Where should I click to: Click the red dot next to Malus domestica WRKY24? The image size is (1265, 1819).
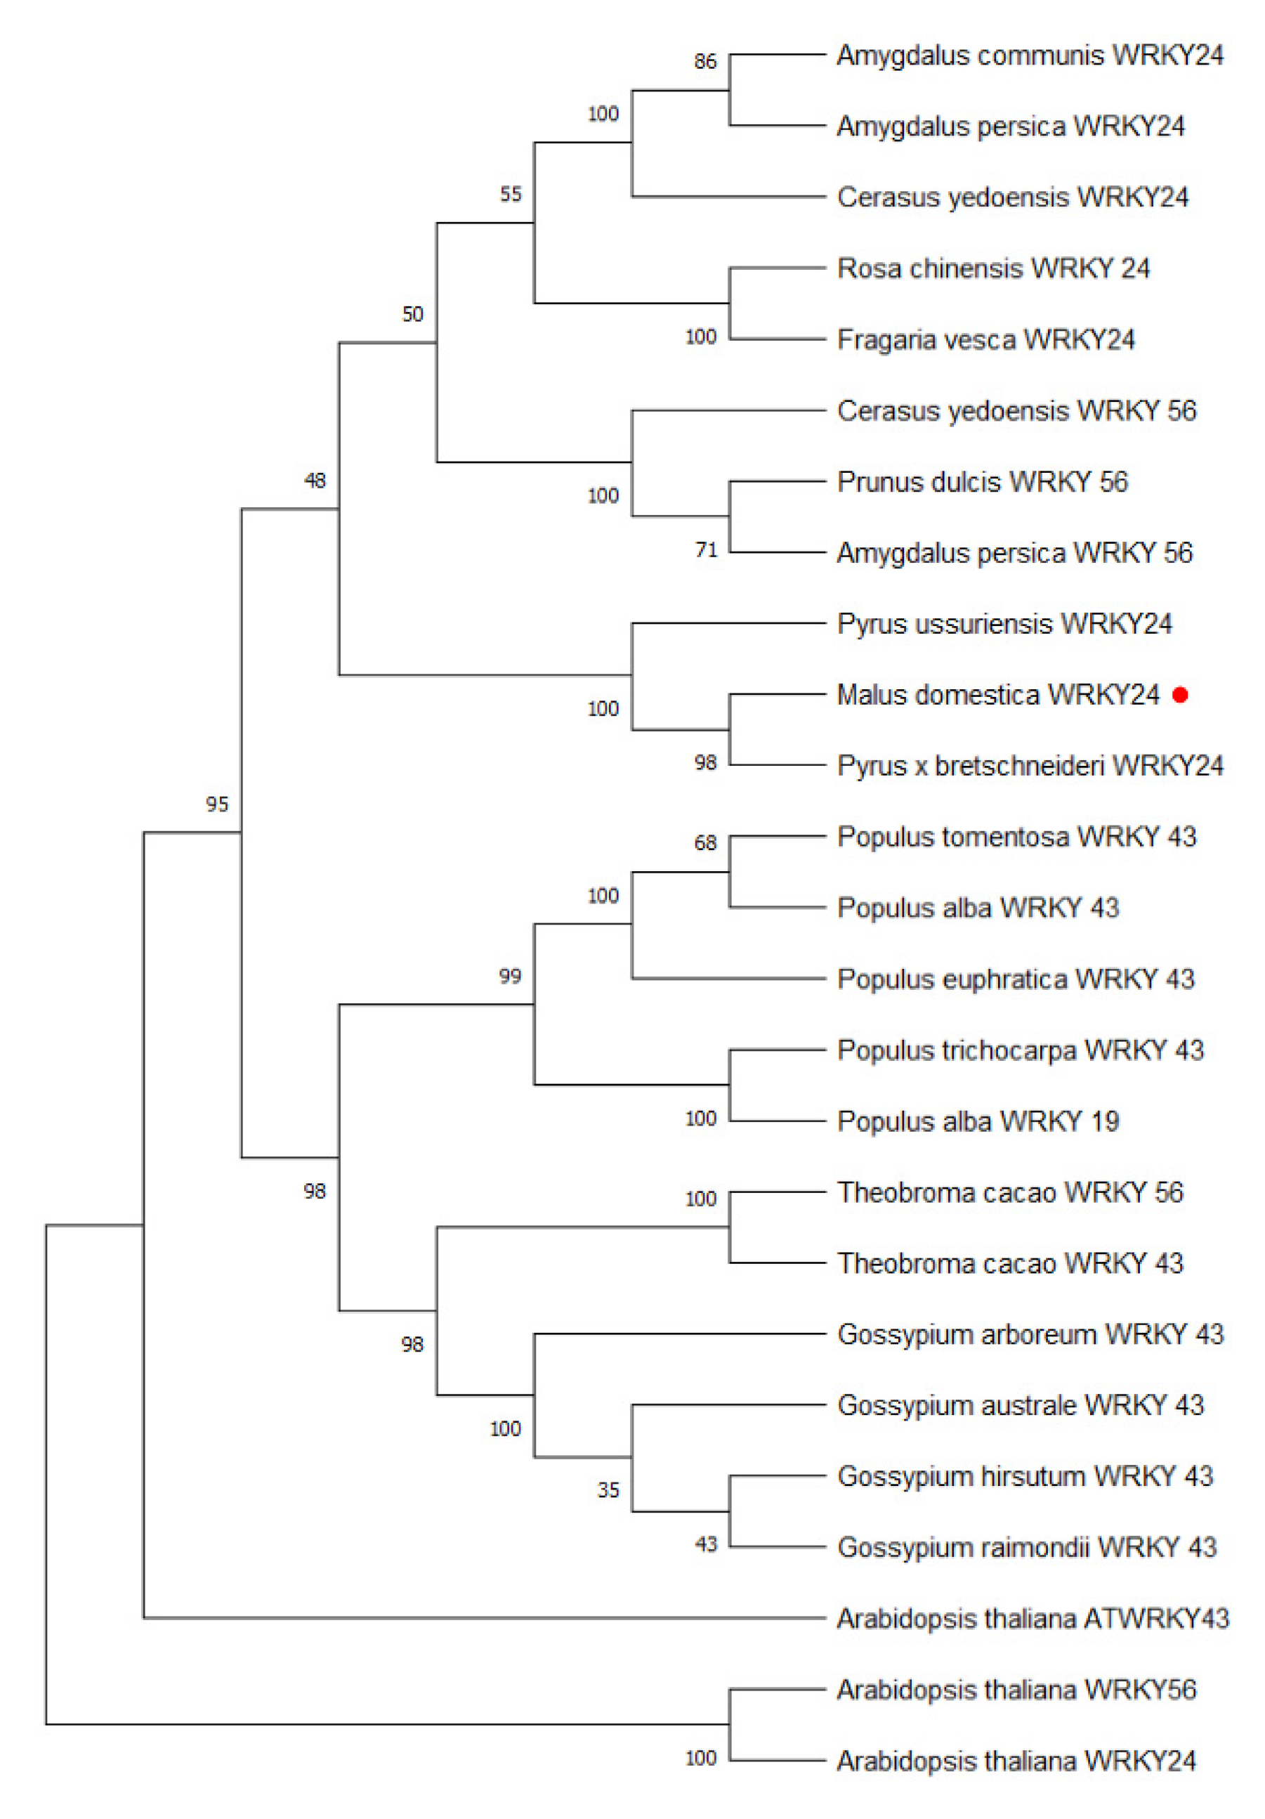[1180, 695]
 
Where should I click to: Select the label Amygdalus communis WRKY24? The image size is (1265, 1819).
[1030, 56]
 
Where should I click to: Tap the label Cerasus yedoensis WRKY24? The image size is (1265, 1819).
[1012, 197]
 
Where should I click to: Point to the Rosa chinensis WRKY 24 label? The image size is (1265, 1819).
[993, 268]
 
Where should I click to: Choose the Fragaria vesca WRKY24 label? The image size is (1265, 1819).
[985, 340]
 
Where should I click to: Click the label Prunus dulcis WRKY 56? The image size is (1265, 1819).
[982, 482]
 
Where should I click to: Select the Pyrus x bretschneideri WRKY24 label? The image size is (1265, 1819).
[1030, 765]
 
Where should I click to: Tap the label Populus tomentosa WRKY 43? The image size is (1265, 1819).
[1016, 837]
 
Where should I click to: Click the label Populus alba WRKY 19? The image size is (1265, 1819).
[978, 1121]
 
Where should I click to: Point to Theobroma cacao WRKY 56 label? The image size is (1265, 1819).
[1010, 1192]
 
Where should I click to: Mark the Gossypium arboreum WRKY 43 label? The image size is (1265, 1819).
[1030, 1334]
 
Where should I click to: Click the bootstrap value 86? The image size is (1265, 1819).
[705, 62]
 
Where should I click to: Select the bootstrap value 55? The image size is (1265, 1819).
[511, 194]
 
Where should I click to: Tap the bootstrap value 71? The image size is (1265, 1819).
[706, 550]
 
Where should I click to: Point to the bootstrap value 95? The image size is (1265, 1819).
[217, 804]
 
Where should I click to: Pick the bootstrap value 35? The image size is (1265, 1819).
[608, 1490]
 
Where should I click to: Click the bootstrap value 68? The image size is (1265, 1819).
[705, 843]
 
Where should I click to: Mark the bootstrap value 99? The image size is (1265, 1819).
[510, 976]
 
